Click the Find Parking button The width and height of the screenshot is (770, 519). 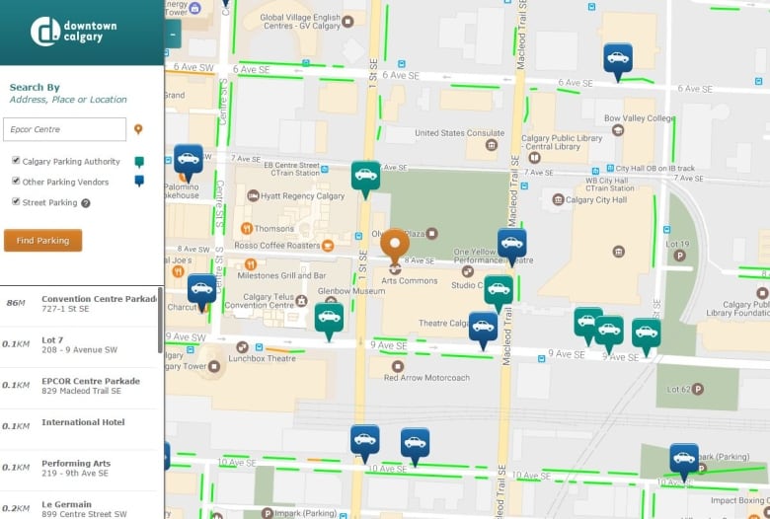click(x=42, y=241)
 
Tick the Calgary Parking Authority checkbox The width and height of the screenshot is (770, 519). click(x=16, y=161)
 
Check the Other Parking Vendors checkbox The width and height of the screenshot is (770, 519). click(x=16, y=182)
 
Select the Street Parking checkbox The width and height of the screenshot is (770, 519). click(x=16, y=202)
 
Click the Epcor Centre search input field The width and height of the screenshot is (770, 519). click(x=64, y=129)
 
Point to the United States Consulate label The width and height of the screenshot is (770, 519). click(x=459, y=133)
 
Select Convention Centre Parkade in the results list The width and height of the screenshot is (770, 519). click(x=99, y=299)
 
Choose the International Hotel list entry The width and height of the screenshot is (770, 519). click(x=83, y=422)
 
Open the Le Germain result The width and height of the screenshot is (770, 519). click(x=67, y=504)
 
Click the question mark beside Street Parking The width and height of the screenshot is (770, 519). click(x=86, y=203)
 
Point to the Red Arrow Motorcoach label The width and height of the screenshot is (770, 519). click(x=426, y=377)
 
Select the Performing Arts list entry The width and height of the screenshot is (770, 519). click(x=76, y=464)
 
